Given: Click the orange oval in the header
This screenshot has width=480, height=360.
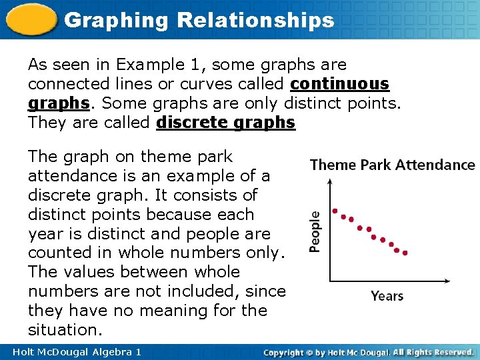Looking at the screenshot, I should point(31,19).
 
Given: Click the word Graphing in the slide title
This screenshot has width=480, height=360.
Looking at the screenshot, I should point(117,20).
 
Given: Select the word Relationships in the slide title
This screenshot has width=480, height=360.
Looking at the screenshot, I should point(255,20).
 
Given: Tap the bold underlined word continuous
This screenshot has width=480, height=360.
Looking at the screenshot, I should point(340,84).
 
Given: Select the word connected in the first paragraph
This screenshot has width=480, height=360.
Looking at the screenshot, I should point(62,84).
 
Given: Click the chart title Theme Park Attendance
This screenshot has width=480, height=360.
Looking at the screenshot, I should point(393,165).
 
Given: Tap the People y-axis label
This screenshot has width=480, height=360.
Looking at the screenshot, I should point(315,231).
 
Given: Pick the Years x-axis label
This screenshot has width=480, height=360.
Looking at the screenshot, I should point(387,295).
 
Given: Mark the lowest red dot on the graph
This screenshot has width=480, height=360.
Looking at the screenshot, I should point(405,253).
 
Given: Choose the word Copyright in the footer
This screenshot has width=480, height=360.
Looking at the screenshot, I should point(288,352).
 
